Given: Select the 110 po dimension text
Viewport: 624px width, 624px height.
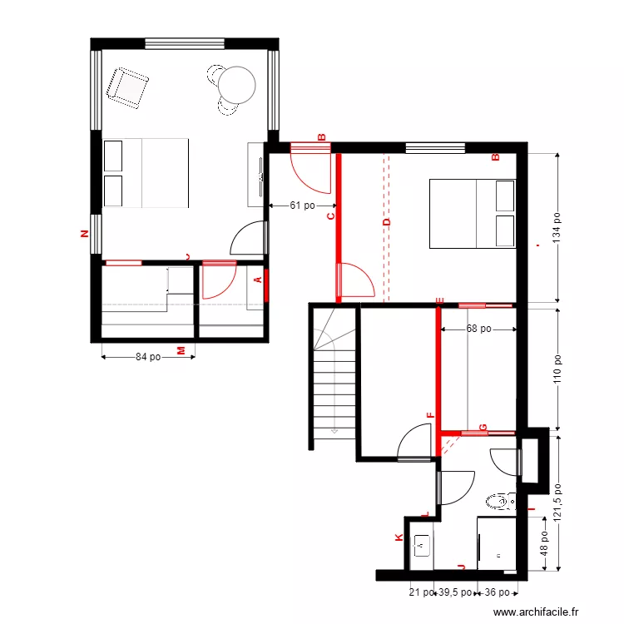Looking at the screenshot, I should [x=557, y=369].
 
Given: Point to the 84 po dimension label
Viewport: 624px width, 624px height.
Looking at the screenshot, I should [x=148, y=358].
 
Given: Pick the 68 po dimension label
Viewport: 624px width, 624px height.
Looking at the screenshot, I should [x=478, y=329].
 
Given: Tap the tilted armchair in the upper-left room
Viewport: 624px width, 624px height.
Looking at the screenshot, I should [x=127, y=87].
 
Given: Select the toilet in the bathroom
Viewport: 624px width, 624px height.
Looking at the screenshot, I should [x=499, y=502].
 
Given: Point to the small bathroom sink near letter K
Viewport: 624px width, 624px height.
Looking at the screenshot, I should [x=422, y=546].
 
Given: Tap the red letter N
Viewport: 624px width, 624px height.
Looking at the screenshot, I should [x=83, y=234].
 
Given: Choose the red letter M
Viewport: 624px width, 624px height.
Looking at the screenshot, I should [x=181, y=352].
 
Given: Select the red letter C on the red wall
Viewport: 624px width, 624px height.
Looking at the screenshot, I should [x=329, y=216].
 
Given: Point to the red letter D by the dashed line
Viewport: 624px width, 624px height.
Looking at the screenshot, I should [x=386, y=222].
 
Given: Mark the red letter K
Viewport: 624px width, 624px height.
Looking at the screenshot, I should [x=399, y=538].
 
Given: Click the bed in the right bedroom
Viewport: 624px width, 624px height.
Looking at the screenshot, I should [x=472, y=213].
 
